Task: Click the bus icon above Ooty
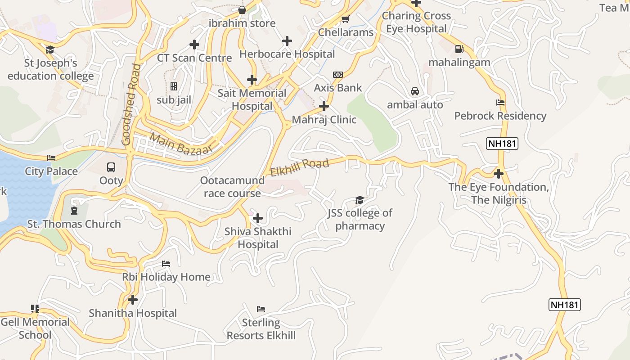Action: (x=111, y=167)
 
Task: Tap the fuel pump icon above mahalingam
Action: (x=459, y=49)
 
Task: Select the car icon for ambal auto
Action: (x=415, y=91)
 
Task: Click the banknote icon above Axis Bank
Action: (x=337, y=74)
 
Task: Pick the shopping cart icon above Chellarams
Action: (x=345, y=19)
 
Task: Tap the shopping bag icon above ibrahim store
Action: (x=242, y=10)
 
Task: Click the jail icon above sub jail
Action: (x=174, y=86)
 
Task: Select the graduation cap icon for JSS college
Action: (x=360, y=200)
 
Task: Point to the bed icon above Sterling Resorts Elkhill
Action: (x=261, y=309)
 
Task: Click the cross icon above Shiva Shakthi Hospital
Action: (x=258, y=219)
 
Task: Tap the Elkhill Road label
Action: (x=300, y=167)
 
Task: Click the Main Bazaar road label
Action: (x=180, y=144)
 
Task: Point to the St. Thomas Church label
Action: (x=74, y=224)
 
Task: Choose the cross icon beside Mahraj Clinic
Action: (x=324, y=107)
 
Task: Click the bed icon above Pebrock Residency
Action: (x=500, y=103)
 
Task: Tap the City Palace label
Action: (x=51, y=171)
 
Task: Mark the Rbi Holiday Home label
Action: (x=166, y=277)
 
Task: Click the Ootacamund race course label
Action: (x=232, y=187)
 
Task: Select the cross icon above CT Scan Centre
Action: (x=194, y=45)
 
